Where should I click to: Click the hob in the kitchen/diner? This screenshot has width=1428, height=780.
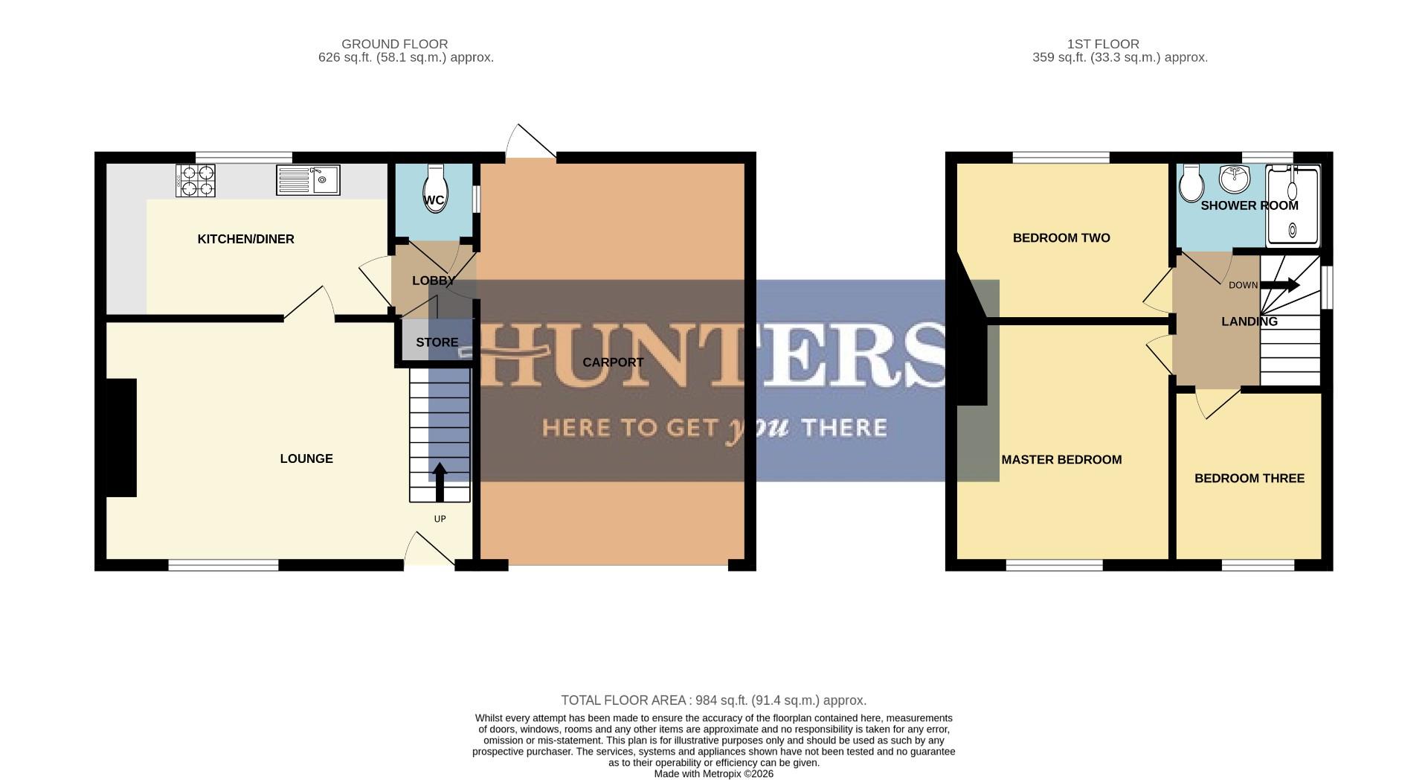pyautogui.click(x=196, y=181)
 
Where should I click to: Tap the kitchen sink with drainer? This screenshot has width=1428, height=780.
pyautogui.click(x=308, y=180)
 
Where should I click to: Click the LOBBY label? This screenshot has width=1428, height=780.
pyautogui.click(x=433, y=281)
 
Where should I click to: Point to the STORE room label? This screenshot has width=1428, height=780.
pyautogui.click(x=437, y=342)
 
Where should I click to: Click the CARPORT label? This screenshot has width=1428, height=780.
pyautogui.click(x=613, y=362)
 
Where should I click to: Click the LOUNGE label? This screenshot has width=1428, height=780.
pyautogui.click(x=306, y=458)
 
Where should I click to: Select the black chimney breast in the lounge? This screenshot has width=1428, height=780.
pyautogui.click(x=122, y=437)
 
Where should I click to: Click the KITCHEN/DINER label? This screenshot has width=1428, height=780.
pyautogui.click(x=245, y=239)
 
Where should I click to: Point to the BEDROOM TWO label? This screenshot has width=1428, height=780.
pyautogui.click(x=1061, y=238)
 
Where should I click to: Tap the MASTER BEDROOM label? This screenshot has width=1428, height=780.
pyautogui.click(x=1061, y=460)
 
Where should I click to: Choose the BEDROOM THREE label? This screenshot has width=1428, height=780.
pyautogui.click(x=1249, y=479)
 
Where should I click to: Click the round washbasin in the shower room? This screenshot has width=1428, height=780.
pyautogui.click(x=1235, y=178)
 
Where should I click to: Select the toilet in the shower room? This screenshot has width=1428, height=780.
pyautogui.click(x=1191, y=182)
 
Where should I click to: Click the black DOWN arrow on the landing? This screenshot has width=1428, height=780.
pyautogui.click(x=1280, y=285)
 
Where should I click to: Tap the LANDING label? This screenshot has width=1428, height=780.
pyautogui.click(x=1249, y=322)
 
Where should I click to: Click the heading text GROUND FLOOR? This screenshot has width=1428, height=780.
pyautogui.click(x=394, y=44)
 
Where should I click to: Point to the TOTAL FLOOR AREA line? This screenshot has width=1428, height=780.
pyautogui.click(x=713, y=700)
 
